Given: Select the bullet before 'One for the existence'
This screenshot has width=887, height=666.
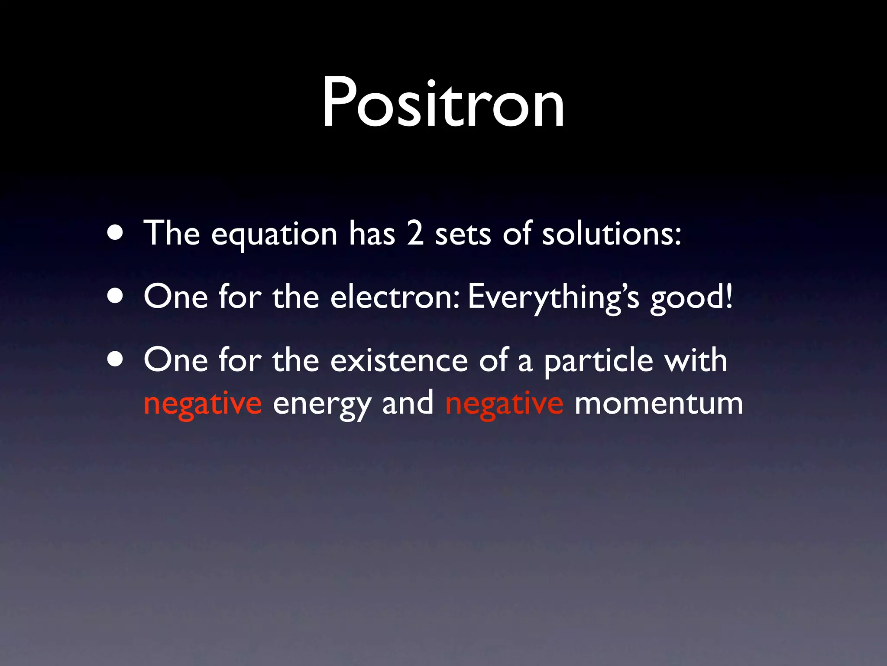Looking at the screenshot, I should pos(115,359).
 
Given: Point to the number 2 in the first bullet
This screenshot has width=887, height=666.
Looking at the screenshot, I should pos(414,233).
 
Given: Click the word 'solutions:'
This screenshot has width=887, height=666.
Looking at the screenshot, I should pos(612,233).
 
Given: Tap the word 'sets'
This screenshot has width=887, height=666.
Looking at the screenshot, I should pos(463,235).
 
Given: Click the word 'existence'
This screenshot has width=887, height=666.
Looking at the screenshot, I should pos(399,360).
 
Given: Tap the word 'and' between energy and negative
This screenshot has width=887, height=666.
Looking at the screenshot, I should pos(408,402).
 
